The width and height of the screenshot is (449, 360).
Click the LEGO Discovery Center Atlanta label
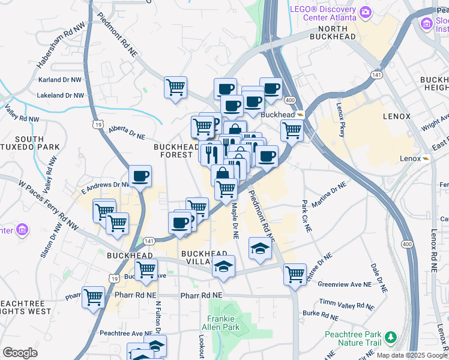point(323,13)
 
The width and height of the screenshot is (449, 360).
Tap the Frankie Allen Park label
point(223,323)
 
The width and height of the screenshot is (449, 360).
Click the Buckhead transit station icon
point(301,114)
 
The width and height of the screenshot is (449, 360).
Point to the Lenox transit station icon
point(426,158)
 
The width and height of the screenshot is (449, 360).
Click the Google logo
point(20,353)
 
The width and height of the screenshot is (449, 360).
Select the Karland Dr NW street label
point(59,79)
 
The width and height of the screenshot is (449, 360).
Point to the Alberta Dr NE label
point(127,133)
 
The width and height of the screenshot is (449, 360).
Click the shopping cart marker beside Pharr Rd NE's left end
point(94,296)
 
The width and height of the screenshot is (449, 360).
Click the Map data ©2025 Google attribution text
point(412,355)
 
